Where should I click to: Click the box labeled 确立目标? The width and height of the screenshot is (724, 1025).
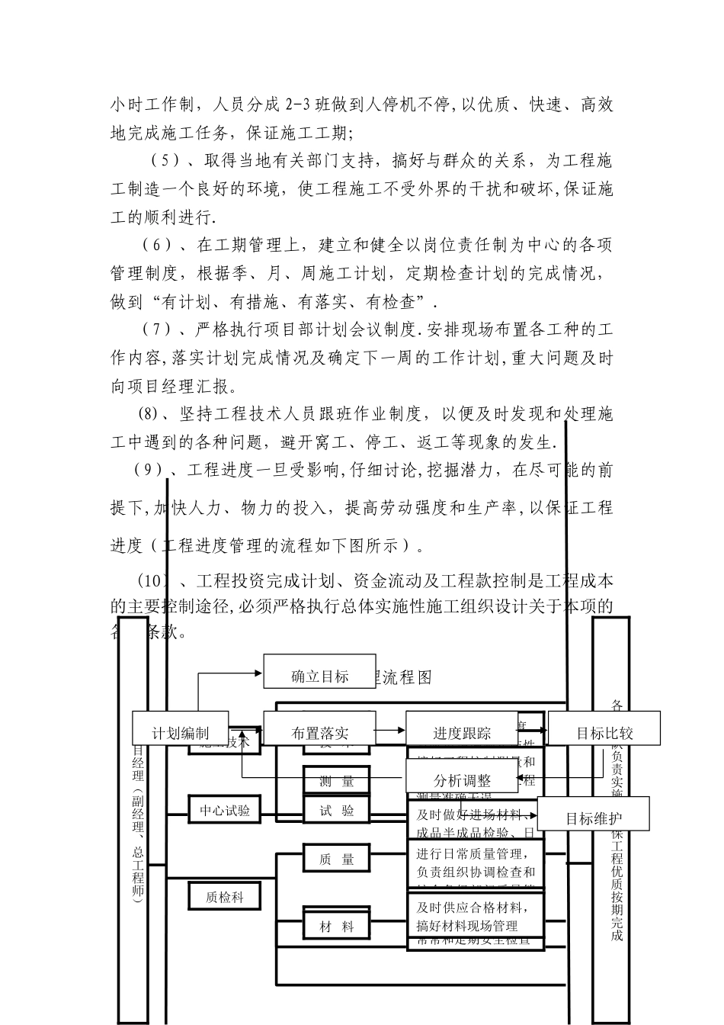coord(319,676)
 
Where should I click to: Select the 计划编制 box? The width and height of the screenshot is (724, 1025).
coord(181,734)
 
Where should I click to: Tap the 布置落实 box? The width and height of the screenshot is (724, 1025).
coord(319,734)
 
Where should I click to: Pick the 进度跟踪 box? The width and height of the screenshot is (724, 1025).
coord(462,734)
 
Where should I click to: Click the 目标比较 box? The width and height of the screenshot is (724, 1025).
coord(604,734)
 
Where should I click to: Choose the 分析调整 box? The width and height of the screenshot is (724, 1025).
coord(462,780)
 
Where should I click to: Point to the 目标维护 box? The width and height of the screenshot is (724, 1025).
coord(593,819)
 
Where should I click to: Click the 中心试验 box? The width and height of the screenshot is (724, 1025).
coord(225,811)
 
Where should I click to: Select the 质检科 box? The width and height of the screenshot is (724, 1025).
coord(225,898)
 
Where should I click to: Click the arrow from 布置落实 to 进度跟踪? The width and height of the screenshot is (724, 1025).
coord(390,730)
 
